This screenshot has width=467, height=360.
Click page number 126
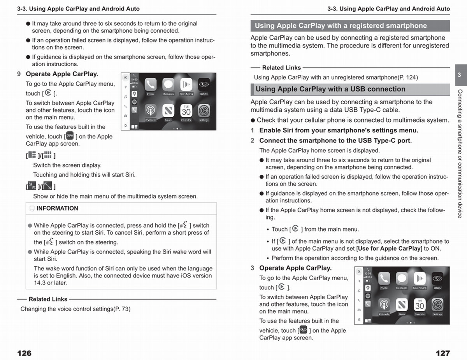click(x=24, y=353)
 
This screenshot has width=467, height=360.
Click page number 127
click(x=443, y=353)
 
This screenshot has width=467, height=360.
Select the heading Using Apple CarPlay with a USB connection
click(x=330, y=89)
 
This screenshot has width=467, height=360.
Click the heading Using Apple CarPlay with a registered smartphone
click(x=341, y=26)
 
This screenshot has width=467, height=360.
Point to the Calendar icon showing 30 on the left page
click(x=186, y=111)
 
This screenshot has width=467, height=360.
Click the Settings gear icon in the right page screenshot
click(x=437, y=305)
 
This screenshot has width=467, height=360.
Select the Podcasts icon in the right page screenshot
click(x=384, y=305)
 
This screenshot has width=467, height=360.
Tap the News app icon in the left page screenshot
click(x=168, y=111)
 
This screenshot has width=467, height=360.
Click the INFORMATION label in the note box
click(x=57, y=208)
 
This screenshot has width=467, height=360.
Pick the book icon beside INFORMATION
click(x=32, y=209)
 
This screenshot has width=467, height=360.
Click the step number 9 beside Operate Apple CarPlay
click(x=19, y=74)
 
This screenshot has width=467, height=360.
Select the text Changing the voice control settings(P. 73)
click(x=75, y=309)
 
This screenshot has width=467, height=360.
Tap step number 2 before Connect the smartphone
click(x=252, y=140)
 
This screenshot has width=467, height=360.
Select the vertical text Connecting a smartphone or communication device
click(x=460, y=154)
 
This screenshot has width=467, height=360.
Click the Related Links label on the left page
click(x=48, y=299)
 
